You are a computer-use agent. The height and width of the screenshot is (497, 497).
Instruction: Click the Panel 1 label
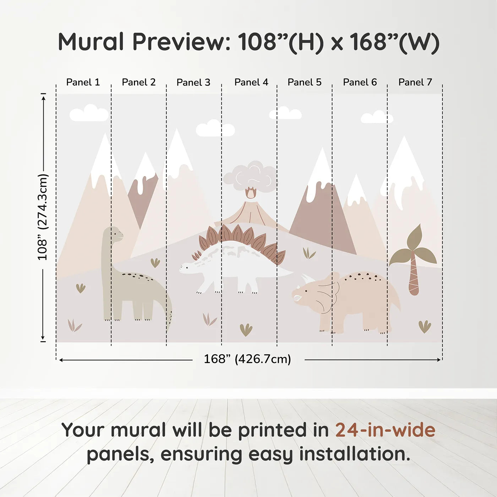(x=83, y=82)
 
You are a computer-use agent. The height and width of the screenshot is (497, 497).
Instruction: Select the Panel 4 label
(x=251, y=82)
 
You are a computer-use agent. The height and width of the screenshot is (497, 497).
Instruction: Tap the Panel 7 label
(x=415, y=82)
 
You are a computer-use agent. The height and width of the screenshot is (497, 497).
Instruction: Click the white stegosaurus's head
(x=188, y=267)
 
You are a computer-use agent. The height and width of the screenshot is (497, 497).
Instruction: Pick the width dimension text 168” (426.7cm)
(x=247, y=359)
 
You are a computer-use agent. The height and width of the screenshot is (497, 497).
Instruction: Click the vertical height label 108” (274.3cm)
(x=43, y=217)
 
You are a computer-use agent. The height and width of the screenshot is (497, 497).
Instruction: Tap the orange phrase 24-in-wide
(x=385, y=430)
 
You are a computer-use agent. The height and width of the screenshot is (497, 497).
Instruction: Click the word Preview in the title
(x=181, y=42)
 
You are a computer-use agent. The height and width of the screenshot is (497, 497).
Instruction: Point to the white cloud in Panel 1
(x=89, y=113)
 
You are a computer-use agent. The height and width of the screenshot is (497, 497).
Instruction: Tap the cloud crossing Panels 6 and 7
(x=377, y=117)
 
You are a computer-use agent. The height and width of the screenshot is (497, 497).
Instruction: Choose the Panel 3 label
(x=193, y=82)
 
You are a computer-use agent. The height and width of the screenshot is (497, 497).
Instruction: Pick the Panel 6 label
(x=360, y=82)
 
